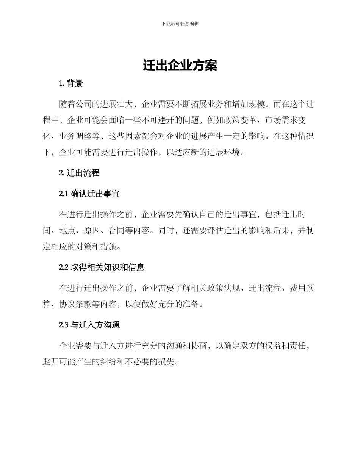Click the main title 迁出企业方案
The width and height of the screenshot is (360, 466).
coord(180,66)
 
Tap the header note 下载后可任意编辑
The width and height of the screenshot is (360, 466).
coord(180,23)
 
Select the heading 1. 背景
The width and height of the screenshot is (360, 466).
coord(71,84)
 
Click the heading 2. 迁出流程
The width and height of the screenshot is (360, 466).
coord(79,173)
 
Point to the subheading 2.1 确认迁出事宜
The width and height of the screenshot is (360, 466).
coord(89,194)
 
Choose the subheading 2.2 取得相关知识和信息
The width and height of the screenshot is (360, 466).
coord(102,267)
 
